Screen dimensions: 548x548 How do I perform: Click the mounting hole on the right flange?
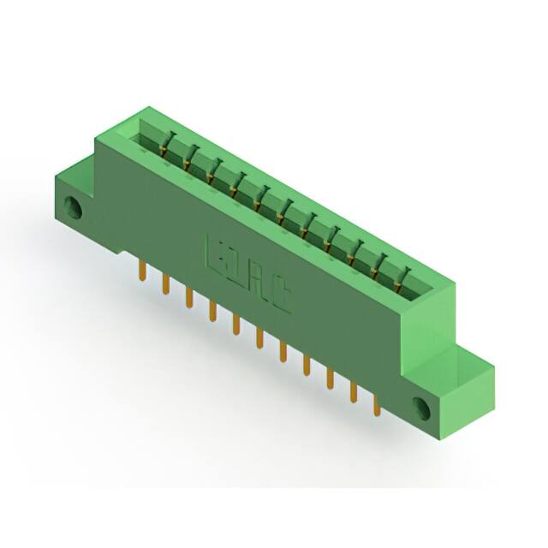point(422,405)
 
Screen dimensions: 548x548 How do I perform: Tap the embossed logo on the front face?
point(249,281)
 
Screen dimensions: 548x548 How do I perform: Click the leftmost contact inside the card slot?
point(170,144)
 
